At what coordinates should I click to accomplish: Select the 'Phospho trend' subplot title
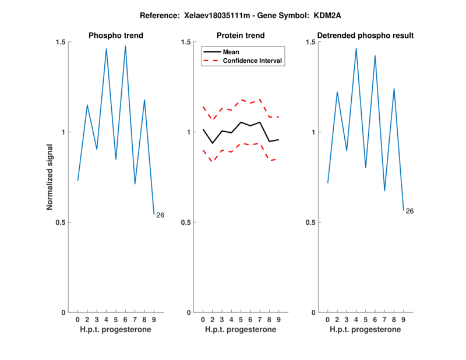pos(116,36)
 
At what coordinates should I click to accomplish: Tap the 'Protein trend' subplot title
pos(241,36)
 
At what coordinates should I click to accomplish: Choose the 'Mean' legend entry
pos(231,52)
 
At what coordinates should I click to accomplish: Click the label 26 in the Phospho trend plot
pos(160,216)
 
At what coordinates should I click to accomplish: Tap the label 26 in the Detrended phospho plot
pos(409,211)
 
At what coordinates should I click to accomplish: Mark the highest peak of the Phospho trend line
pos(125,46)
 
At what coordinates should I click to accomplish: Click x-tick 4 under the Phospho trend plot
pos(106,319)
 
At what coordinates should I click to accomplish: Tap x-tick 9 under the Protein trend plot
pos(278,319)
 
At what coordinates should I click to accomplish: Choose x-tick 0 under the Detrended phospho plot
pos(327,319)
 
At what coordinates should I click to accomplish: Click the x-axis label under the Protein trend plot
pos(241,330)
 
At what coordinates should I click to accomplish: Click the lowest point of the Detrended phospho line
pos(403,210)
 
